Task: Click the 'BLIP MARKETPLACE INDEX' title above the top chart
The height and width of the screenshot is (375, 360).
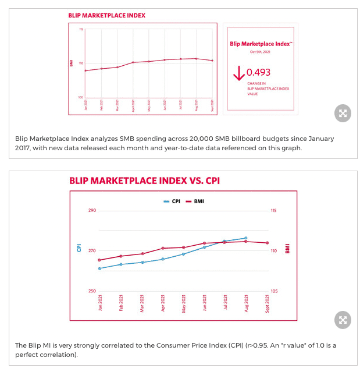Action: coord(107,16)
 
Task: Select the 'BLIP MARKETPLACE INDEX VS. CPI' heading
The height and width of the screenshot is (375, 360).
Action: coord(144,181)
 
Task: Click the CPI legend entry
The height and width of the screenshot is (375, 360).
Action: coord(172,201)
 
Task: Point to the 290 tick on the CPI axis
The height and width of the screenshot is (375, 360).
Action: coord(92,210)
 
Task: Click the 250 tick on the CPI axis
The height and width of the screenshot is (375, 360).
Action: coord(92,291)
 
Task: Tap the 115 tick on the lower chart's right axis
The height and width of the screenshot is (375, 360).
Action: coord(274,210)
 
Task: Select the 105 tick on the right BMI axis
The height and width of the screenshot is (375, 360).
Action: coord(274,291)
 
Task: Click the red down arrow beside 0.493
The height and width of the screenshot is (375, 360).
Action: coord(238,73)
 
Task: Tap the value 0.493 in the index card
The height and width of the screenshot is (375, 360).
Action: coord(259,73)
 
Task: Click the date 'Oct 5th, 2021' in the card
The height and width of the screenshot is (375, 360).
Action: coord(261,52)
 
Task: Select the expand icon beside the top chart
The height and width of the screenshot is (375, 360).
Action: coord(343,114)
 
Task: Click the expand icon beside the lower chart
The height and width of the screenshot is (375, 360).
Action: coord(343,320)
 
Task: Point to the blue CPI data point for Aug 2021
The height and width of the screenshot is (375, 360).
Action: coord(246,238)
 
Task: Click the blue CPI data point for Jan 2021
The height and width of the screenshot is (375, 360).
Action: coord(100,268)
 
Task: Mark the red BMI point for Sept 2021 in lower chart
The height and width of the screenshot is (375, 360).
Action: coord(267,243)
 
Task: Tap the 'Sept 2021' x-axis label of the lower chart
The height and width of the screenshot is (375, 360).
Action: coord(267,303)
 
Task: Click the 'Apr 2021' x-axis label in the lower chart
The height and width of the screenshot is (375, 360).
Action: coord(163,304)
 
